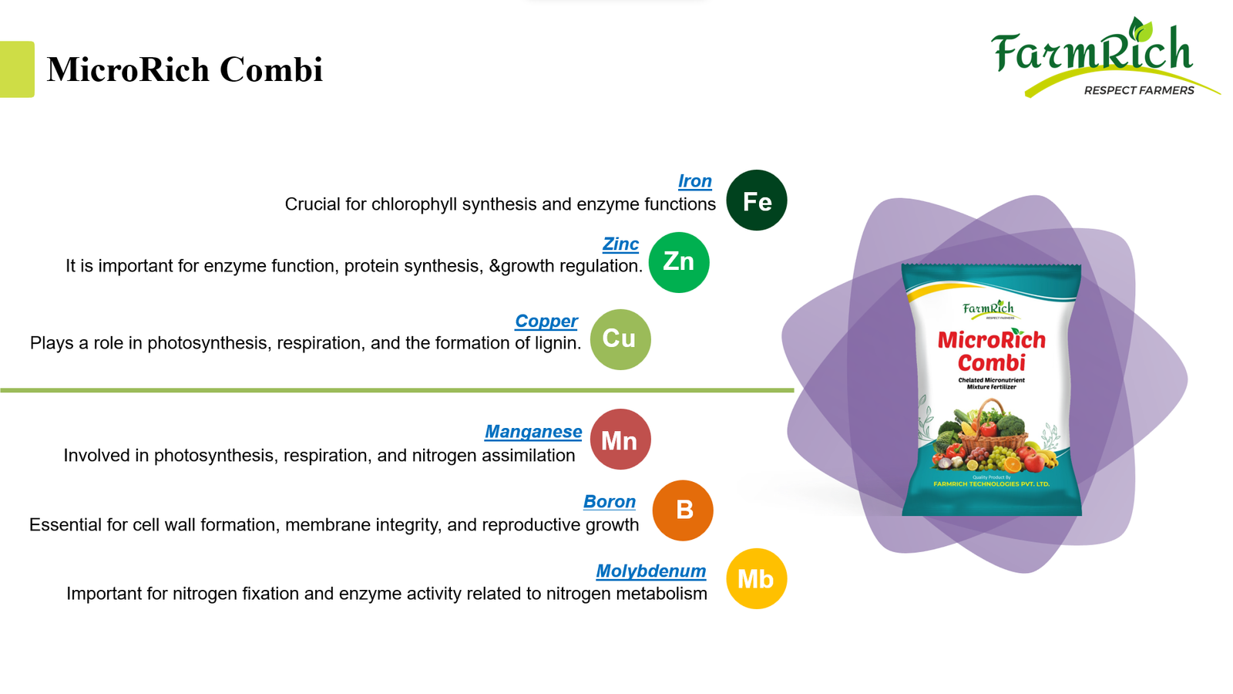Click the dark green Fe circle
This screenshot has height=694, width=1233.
756,200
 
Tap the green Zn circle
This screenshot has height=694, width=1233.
678,262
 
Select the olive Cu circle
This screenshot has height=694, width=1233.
620,339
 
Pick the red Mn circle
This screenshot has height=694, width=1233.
620,440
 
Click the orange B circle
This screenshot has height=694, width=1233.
683,510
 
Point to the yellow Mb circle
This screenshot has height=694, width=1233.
756,578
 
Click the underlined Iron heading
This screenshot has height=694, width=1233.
694,181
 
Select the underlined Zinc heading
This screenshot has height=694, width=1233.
620,244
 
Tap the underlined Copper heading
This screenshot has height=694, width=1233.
546,321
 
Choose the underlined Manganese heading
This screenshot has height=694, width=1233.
533,432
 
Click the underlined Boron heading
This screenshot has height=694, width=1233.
609,501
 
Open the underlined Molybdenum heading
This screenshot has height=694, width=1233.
650,571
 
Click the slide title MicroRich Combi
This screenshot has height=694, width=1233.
185,69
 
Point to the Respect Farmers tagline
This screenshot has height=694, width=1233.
1138,90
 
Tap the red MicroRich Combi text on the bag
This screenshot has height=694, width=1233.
991,351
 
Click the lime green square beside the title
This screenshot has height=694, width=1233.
17,69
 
